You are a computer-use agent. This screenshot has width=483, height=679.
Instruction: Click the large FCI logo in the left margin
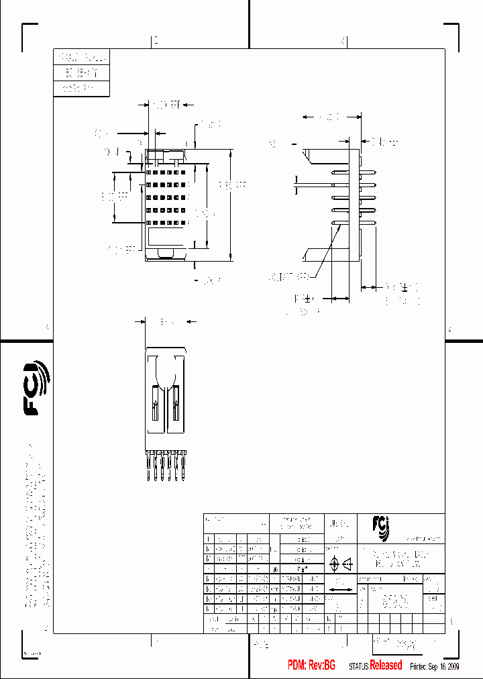point(36,388)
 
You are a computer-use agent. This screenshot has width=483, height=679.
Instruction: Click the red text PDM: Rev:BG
point(311,666)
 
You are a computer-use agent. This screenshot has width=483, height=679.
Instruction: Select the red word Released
point(386,666)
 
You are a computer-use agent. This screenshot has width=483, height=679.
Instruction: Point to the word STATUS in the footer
point(359,666)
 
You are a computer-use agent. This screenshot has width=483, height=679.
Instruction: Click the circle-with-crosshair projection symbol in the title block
point(333,564)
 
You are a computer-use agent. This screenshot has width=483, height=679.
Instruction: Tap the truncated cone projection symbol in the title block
point(348,564)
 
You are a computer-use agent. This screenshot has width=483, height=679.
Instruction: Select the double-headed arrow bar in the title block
point(342,590)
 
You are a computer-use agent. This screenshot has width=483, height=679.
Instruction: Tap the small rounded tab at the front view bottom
point(166,252)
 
